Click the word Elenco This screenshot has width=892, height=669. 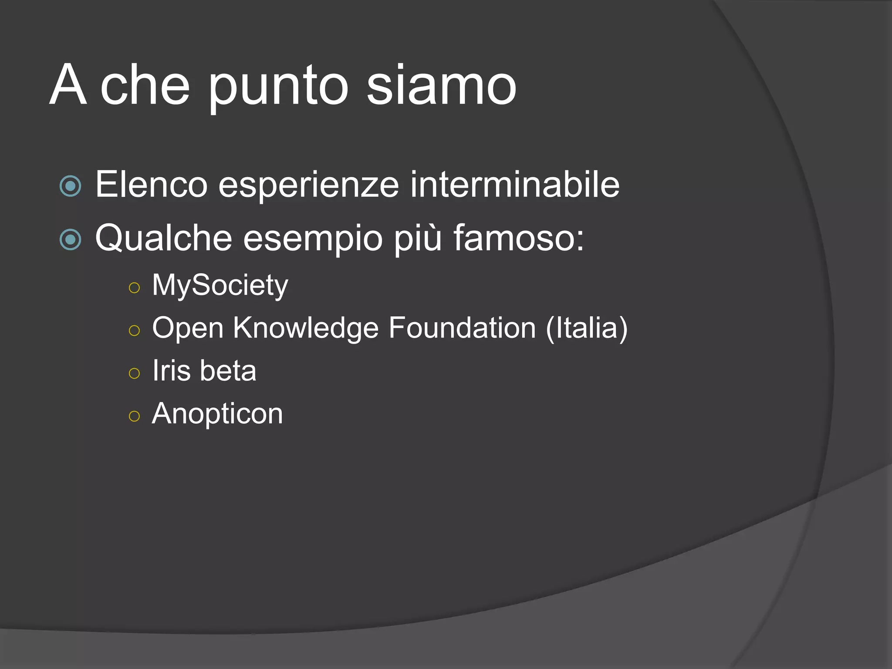151,185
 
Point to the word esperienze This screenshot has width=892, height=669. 308,186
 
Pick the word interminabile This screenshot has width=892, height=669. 514,185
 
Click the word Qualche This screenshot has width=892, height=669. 164,238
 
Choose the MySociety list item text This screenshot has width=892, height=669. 220,286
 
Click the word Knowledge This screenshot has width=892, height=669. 305,328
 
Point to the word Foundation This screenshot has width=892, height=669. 462,328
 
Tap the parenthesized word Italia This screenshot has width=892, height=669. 586,328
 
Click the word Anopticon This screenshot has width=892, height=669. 217,413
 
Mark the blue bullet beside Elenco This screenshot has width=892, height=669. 70,186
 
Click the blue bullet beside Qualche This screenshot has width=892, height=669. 70,240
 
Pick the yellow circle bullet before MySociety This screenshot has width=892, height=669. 135,287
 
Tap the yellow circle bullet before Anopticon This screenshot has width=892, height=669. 135,416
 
